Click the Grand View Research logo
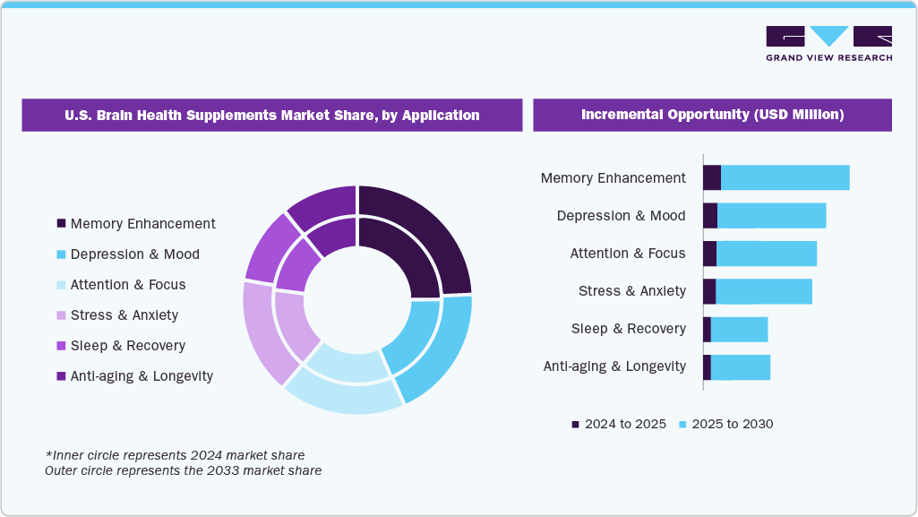(x=828, y=43)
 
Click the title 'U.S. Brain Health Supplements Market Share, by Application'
(x=271, y=116)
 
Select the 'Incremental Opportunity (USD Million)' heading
(x=712, y=116)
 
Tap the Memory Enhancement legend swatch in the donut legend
(x=61, y=224)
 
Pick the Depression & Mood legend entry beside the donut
(x=134, y=254)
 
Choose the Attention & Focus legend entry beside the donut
(x=127, y=285)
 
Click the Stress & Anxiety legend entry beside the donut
(x=124, y=315)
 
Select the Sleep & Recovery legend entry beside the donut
(x=127, y=346)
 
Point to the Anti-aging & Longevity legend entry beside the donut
(x=142, y=376)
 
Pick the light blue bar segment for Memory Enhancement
(x=785, y=178)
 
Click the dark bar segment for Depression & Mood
(x=710, y=216)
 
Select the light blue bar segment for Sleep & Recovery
(x=739, y=330)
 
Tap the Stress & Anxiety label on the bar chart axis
(x=631, y=291)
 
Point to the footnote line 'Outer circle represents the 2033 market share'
(x=184, y=470)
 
